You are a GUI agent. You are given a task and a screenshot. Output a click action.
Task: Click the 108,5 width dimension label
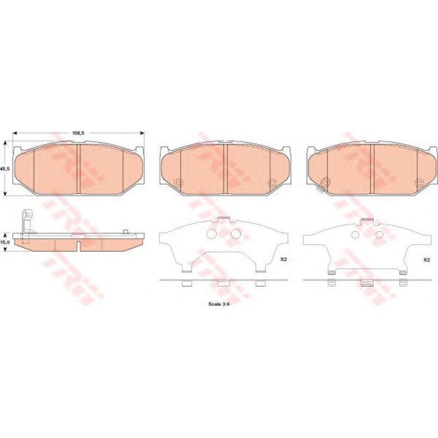click(78, 133)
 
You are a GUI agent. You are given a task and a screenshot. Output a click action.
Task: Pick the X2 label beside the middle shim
click(283, 259)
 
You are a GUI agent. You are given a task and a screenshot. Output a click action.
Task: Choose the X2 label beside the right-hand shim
click(427, 260)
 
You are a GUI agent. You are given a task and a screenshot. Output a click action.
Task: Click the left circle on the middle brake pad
click(178, 183)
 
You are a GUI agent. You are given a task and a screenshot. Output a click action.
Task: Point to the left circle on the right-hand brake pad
click(325, 183)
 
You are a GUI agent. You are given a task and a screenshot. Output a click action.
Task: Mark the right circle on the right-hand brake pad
click(418, 183)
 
